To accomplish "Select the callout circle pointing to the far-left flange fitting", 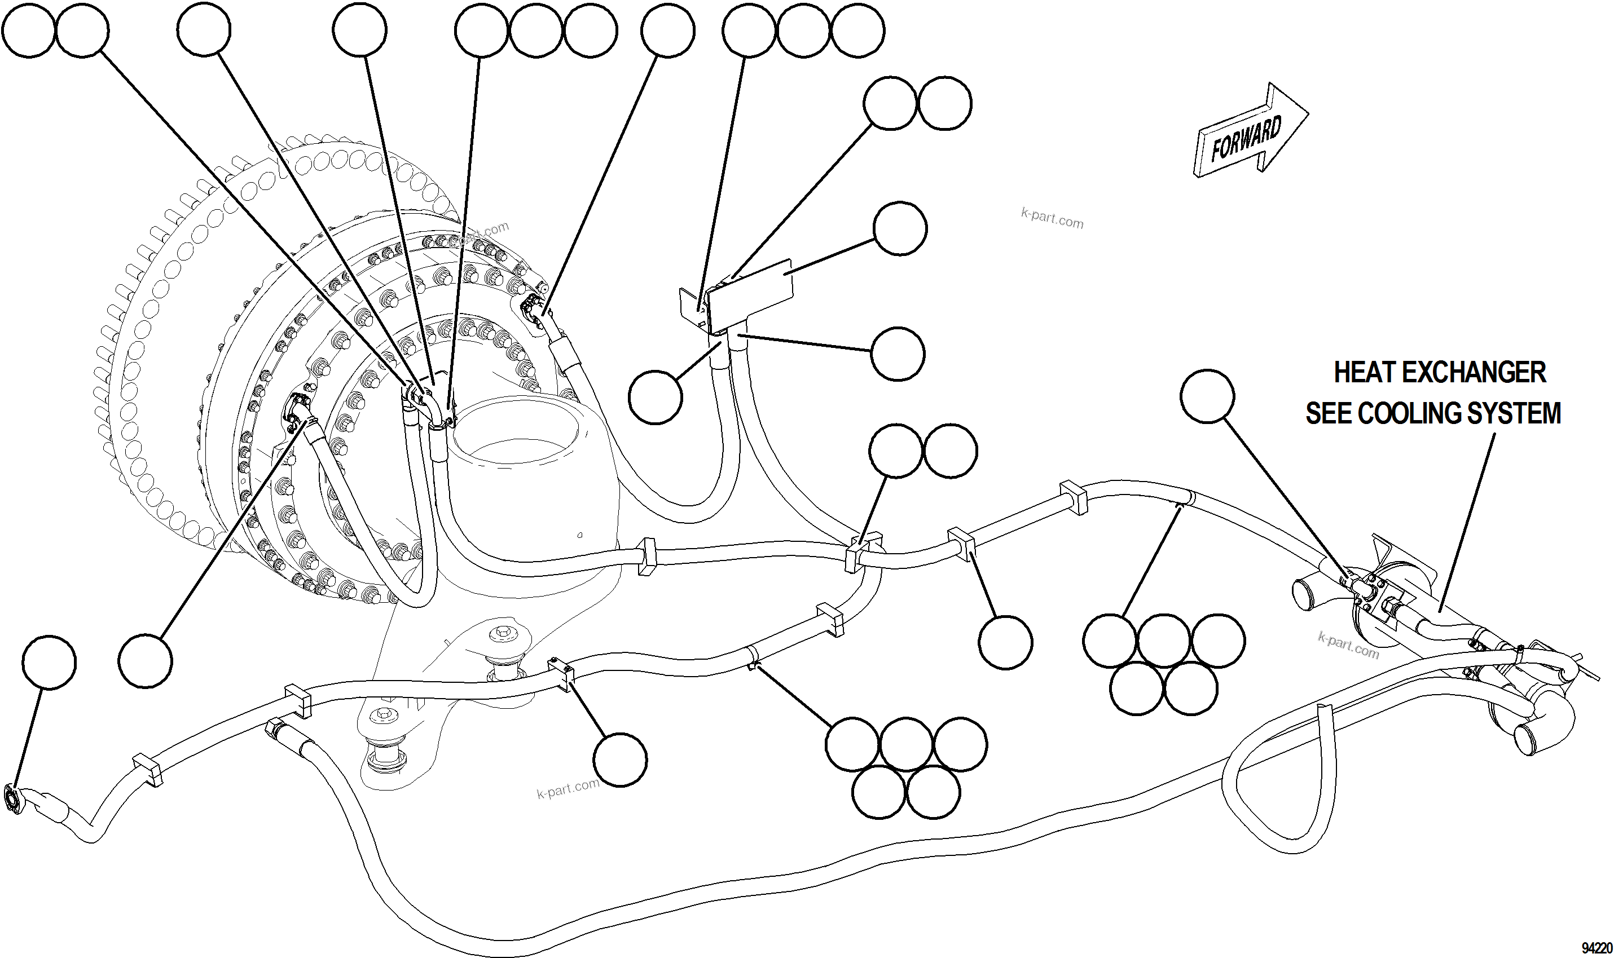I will click(x=49, y=663).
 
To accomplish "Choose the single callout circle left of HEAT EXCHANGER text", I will click(x=1207, y=396).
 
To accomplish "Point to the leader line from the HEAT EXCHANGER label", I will click(x=1466, y=523).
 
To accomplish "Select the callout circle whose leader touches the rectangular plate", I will click(x=900, y=228).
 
